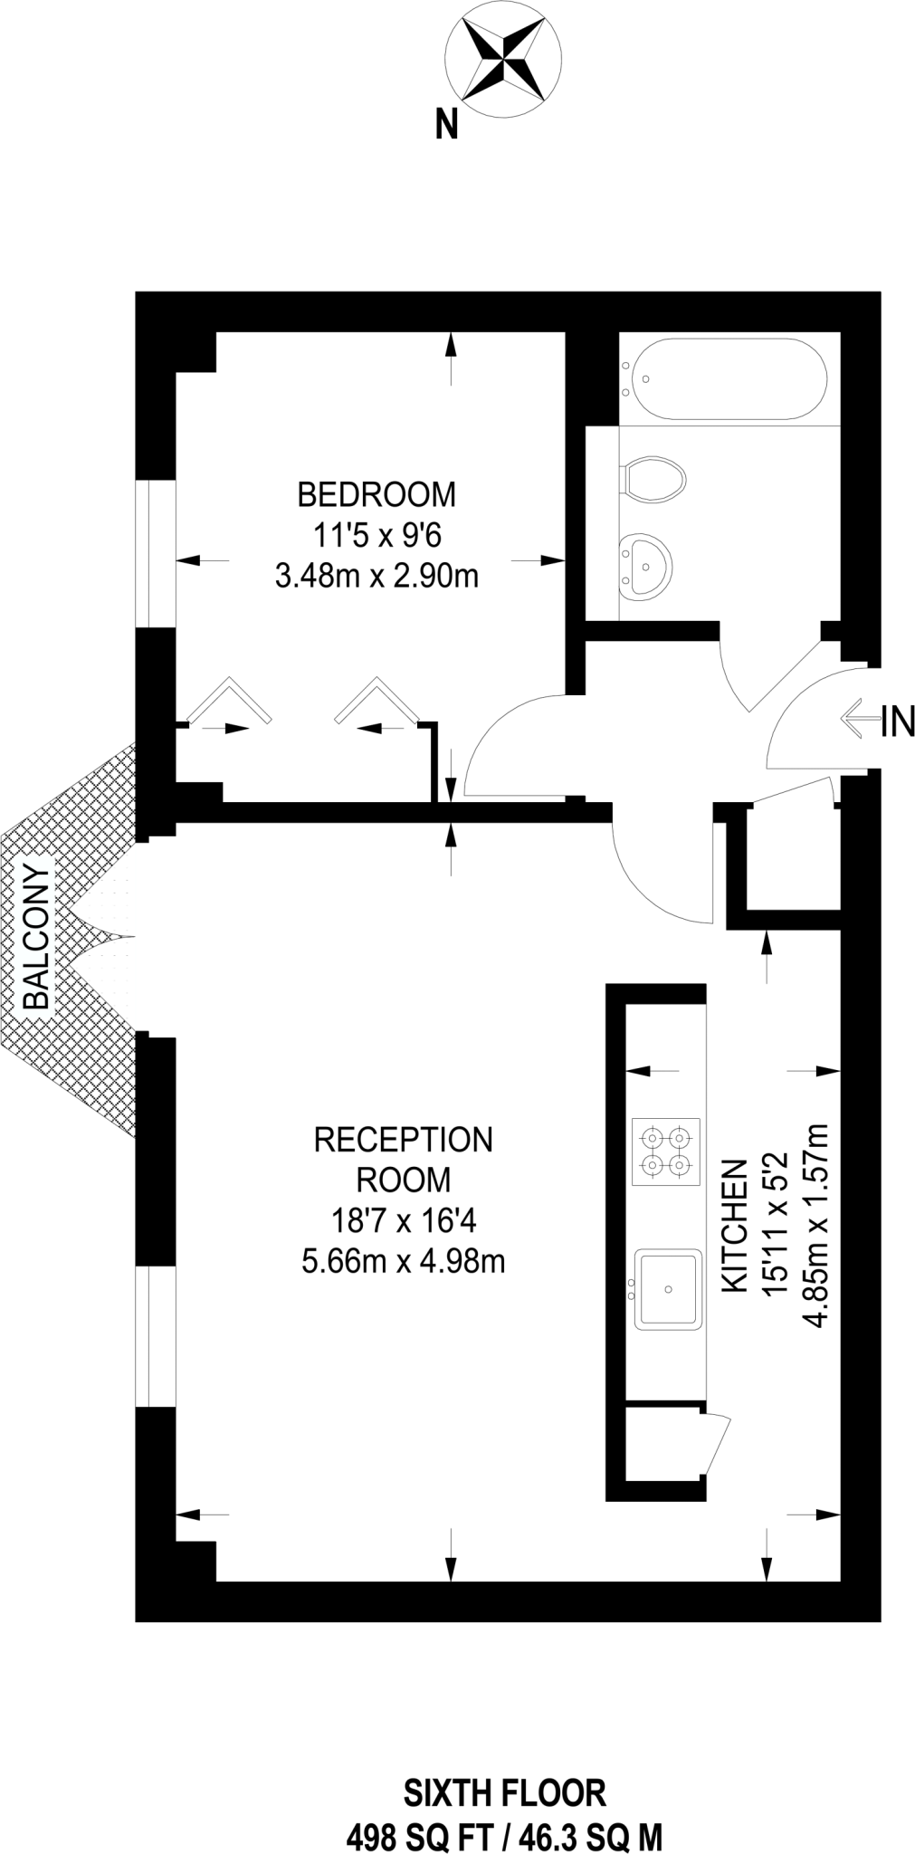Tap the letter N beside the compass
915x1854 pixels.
coord(446,124)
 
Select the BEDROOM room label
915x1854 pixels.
coord(376,494)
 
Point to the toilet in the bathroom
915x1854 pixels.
coord(653,477)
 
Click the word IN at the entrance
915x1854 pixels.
coord(898,722)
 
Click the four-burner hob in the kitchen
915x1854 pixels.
coord(665,1151)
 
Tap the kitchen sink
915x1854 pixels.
coord(668,1289)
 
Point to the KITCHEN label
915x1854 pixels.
coord(734,1226)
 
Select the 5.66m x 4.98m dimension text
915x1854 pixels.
coord(404,1260)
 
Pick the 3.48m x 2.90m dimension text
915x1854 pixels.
coord(376,575)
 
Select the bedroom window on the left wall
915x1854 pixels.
coord(155,552)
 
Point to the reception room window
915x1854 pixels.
coord(155,1336)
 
